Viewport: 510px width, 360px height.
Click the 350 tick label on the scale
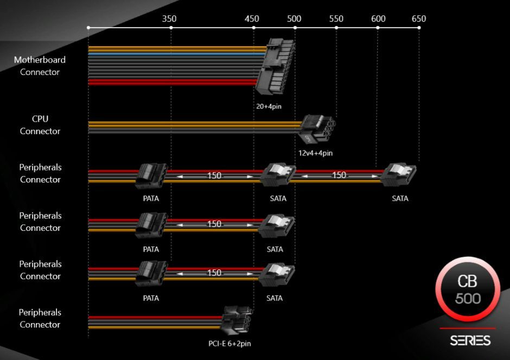pos(169,19)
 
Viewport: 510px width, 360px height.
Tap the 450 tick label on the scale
pos(252,19)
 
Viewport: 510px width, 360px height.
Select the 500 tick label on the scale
pos(294,19)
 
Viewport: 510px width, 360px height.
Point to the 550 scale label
pos(336,19)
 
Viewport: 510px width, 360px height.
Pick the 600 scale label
pos(378,19)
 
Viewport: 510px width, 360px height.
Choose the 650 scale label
pos(419,19)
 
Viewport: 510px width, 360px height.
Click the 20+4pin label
pos(269,106)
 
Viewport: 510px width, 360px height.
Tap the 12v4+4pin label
pos(315,153)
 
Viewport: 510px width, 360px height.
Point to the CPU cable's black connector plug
pos(316,128)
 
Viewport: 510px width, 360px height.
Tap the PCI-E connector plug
pos(237,321)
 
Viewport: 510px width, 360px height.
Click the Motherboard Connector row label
pos(40,66)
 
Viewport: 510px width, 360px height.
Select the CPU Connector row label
pos(40,125)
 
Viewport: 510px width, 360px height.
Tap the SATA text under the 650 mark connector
pos(400,199)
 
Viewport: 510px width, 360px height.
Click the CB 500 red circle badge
pos(468,290)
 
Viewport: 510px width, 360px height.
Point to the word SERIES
pos(470,341)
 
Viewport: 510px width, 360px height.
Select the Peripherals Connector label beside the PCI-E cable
pos(40,318)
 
